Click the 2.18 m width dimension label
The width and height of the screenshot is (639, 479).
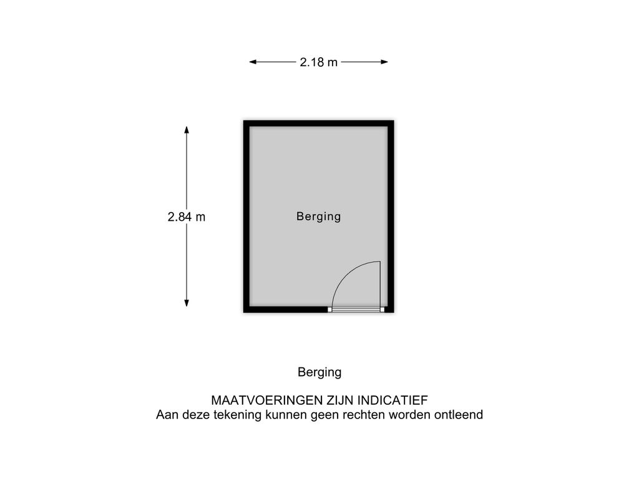tap(319, 62)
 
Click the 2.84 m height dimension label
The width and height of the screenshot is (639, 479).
tap(186, 216)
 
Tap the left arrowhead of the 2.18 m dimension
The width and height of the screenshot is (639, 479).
tap(253, 62)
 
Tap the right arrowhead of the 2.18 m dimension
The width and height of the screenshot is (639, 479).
tap(384, 62)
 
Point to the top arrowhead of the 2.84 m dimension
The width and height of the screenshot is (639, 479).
tap(187, 130)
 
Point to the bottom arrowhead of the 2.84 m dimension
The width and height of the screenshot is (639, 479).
tap(187, 302)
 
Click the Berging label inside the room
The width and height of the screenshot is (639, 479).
tap(319, 216)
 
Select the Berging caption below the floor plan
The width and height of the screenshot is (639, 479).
tap(319, 372)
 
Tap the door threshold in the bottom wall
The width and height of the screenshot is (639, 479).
tap(356, 309)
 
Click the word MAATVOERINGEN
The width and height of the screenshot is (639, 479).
tap(266, 400)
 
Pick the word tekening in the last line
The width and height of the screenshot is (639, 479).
tap(238, 415)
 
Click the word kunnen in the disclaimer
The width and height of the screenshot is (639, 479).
tap(286, 415)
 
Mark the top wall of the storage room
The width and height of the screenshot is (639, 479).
tap(319, 123)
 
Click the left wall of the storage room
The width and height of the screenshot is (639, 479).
tap(246, 216)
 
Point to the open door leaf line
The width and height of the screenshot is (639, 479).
tap(380, 284)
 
